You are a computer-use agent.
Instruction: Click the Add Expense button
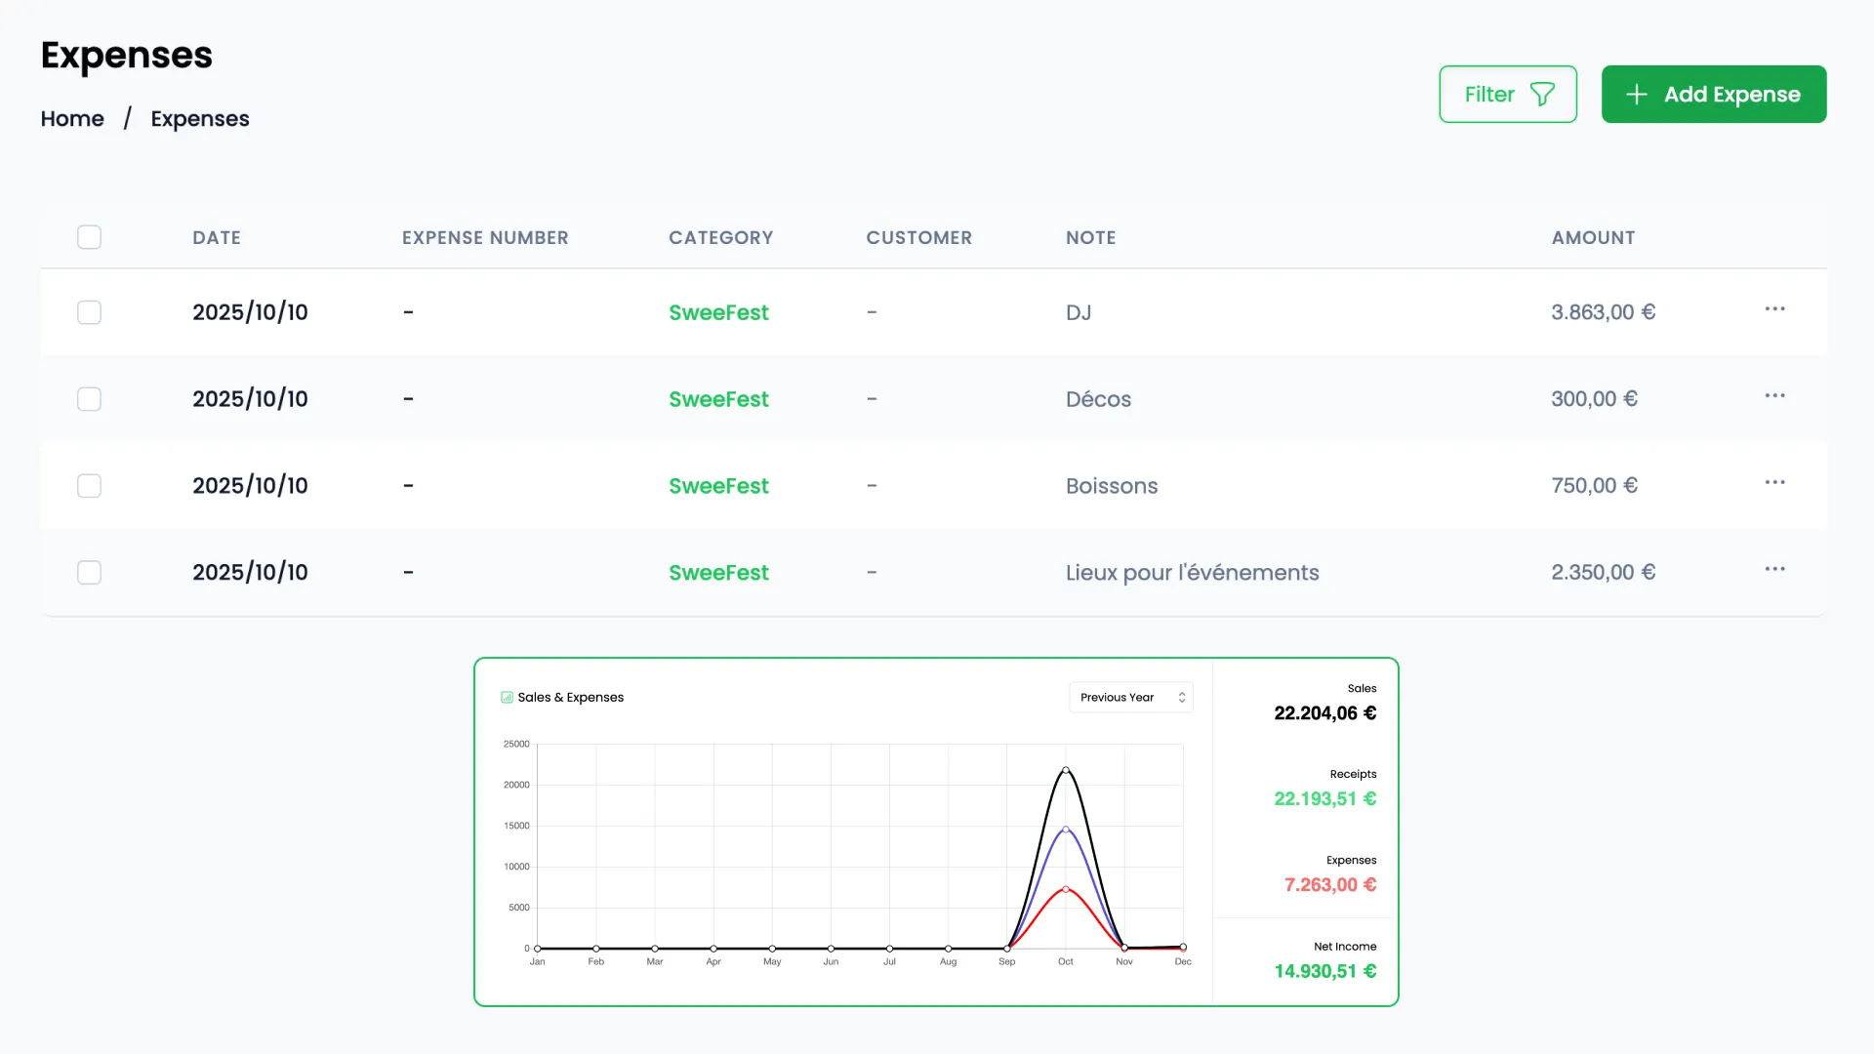(x=1713, y=95)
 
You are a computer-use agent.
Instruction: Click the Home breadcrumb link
(x=72, y=119)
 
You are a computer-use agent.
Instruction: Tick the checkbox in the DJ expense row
(x=89, y=312)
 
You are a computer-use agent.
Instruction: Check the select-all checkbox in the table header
(x=89, y=237)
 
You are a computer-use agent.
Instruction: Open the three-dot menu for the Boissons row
(x=1773, y=483)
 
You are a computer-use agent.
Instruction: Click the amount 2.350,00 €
(x=1603, y=573)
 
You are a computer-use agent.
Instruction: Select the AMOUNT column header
(x=1593, y=238)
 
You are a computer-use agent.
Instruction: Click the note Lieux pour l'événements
(x=1192, y=573)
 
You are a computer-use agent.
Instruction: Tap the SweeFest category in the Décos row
(x=718, y=399)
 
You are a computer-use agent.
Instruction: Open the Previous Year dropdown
(x=1130, y=698)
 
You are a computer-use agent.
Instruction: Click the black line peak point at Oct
(x=1066, y=770)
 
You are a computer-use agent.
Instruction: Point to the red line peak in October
(x=1066, y=889)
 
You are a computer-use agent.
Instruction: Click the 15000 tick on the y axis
(x=516, y=826)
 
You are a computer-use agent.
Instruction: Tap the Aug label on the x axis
(x=948, y=962)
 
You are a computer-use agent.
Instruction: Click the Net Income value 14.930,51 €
(x=1324, y=971)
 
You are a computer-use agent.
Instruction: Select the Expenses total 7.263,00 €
(x=1329, y=885)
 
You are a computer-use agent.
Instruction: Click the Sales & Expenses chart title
(x=570, y=698)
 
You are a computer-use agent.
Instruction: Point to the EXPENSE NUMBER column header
(x=485, y=238)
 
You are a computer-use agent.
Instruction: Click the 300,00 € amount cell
(x=1594, y=399)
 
